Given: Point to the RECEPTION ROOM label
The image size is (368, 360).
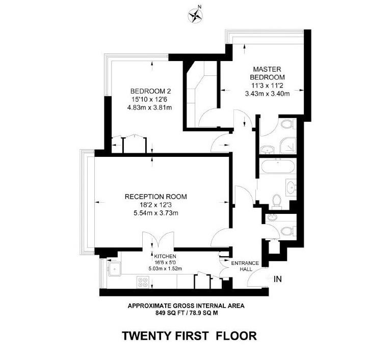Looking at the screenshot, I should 156,197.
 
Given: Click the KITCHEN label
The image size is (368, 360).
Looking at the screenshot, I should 162,256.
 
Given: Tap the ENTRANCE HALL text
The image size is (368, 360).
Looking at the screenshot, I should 245,266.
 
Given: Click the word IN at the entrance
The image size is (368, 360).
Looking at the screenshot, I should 278,279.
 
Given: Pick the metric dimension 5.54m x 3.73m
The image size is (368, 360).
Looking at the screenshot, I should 156,212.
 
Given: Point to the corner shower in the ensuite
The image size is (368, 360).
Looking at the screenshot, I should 288,146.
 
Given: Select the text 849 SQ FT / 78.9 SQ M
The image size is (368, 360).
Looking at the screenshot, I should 185,314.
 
